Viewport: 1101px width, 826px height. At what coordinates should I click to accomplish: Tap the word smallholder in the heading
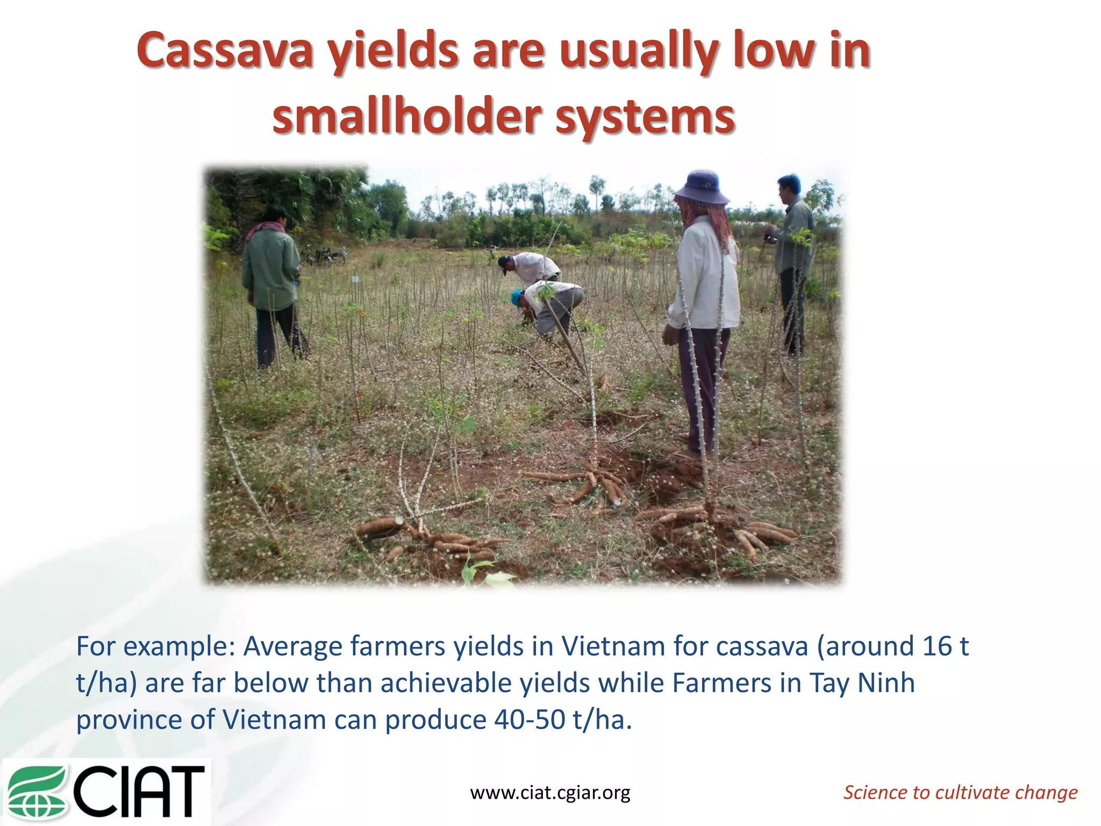[406, 117]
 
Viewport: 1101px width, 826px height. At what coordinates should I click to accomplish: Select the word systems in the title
[645, 118]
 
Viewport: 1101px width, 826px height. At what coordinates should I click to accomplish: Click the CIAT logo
[107, 791]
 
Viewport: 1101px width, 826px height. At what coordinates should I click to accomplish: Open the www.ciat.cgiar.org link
[550, 792]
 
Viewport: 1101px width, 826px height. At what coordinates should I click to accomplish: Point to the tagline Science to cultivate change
[960, 792]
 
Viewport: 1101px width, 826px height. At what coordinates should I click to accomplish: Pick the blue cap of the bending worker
[517, 297]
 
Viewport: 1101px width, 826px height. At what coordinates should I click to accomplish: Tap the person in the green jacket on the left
[272, 285]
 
